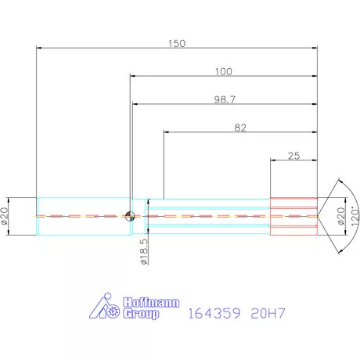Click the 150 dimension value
point(177,44)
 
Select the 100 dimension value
point(224,72)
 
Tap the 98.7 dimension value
point(224,100)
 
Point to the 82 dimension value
point(240,128)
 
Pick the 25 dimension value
point(294,156)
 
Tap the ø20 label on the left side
point(5,215)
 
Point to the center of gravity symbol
point(131,216)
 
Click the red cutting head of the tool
point(293,216)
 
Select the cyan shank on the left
point(82,216)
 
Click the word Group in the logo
point(140,314)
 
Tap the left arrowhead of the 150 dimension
point(39,49)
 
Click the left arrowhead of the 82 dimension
point(164,132)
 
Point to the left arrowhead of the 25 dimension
point(272,160)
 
